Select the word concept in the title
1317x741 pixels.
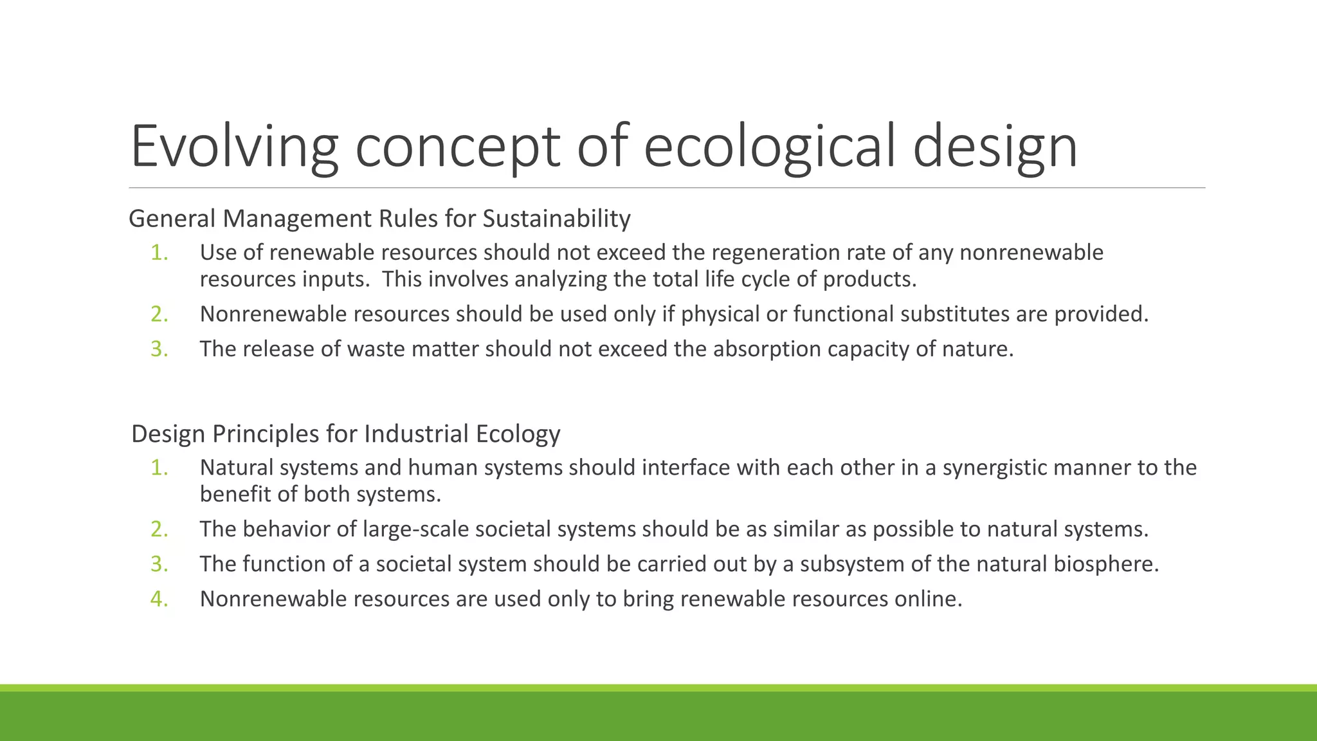(x=457, y=147)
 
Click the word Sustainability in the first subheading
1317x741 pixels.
(x=556, y=219)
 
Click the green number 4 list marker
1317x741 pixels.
(x=159, y=599)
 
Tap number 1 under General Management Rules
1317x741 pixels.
(x=159, y=253)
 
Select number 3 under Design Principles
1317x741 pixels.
(x=159, y=564)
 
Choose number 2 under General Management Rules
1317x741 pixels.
(x=159, y=314)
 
